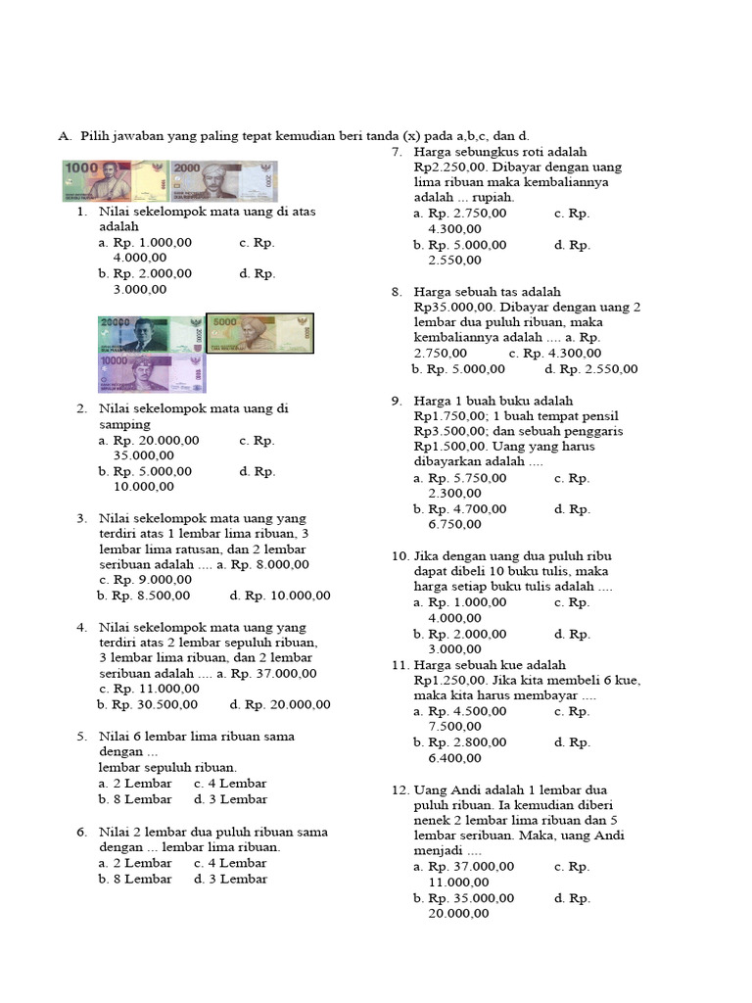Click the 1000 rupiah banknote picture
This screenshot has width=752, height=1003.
(117, 181)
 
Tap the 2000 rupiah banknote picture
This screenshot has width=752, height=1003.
(224, 181)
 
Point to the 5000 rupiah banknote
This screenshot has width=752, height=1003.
(259, 334)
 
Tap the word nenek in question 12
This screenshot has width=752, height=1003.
(432, 821)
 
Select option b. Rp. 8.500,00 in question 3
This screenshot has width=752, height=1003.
(144, 596)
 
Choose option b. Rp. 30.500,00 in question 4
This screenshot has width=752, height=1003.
(147, 704)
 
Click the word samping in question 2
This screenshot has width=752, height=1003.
(124, 425)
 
